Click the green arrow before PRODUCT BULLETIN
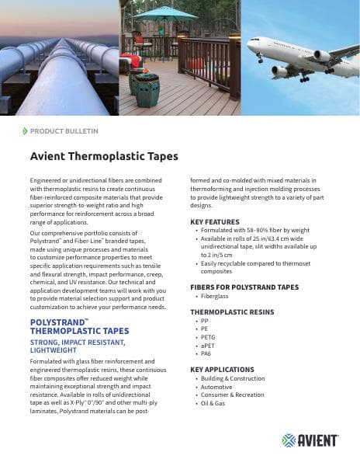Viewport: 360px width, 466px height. coord(26,131)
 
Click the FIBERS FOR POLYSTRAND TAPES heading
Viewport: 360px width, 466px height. coord(244,287)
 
